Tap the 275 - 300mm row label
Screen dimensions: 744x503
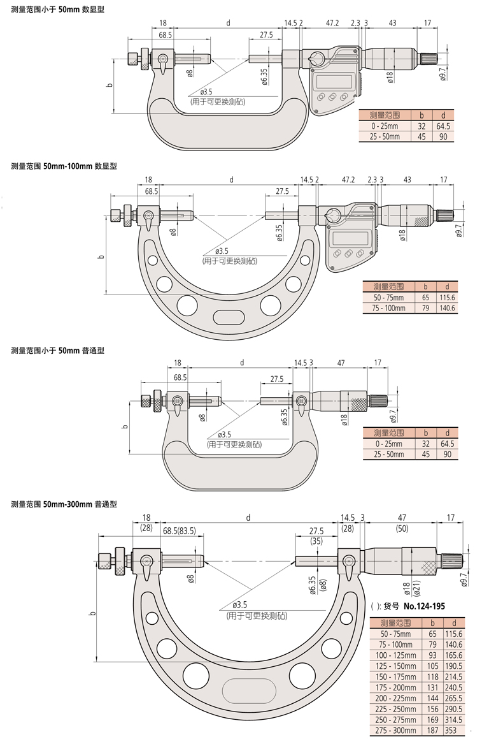(x=396, y=730)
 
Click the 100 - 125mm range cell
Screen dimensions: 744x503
(x=396, y=655)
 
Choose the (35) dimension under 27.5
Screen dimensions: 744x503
(x=316, y=541)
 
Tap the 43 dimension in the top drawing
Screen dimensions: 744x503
(x=392, y=23)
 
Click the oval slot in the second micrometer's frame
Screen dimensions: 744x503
(x=227, y=317)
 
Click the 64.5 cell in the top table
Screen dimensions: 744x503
(x=443, y=126)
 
